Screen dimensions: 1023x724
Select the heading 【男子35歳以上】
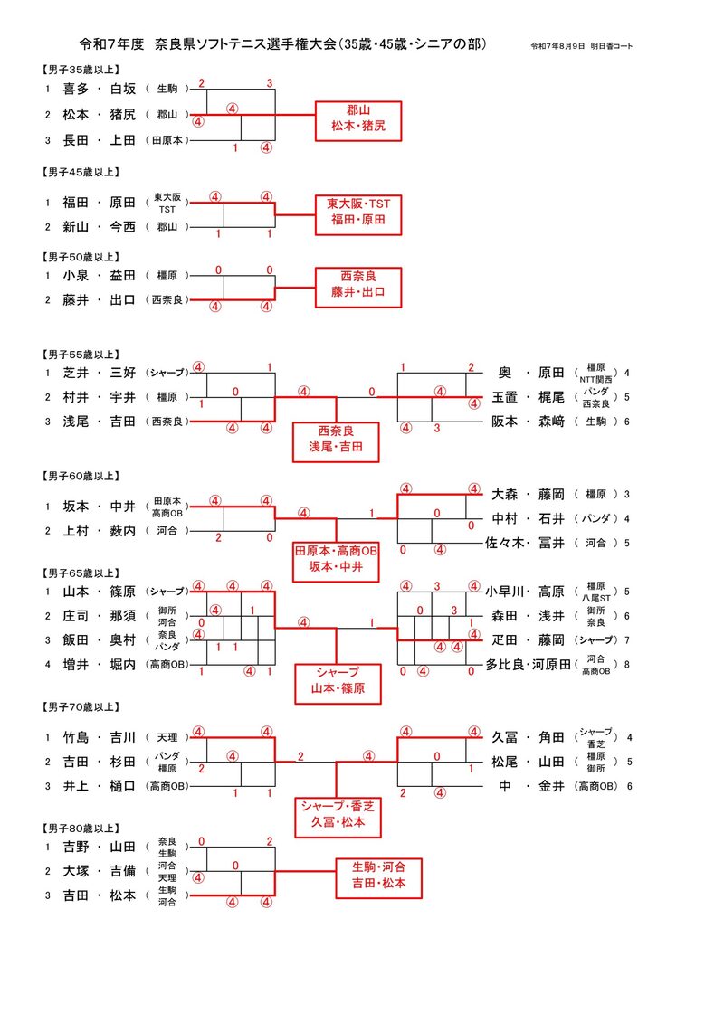point(81,70)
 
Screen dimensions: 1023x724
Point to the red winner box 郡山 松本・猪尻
point(357,120)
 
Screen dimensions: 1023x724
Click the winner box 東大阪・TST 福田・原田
point(357,212)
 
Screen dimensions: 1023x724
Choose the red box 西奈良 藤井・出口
point(357,285)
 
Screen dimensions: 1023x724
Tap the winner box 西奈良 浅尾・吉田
point(336,440)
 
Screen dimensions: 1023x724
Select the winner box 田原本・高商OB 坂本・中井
point(336,560)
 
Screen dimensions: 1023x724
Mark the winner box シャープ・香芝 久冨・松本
point(337,814)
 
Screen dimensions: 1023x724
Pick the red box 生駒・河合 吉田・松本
point(379,876)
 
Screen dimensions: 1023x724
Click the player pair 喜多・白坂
point(99,89)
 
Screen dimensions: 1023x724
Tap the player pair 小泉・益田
point(99,275)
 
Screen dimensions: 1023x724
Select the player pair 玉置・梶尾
point(528,397)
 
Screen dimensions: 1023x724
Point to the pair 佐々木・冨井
point(525,544)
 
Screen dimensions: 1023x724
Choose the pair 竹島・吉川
point(99,737)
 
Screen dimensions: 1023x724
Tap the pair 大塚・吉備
point(99,871)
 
